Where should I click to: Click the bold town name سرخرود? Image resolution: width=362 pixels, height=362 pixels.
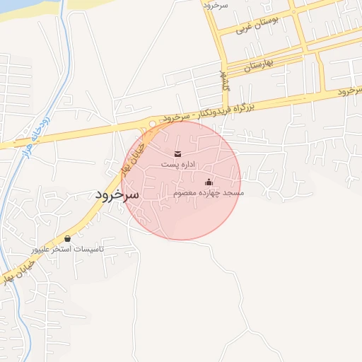pyautogui.click(x=117, y=194)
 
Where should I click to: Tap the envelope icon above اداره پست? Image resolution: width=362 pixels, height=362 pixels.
pyautogui.click(x=177, y=153)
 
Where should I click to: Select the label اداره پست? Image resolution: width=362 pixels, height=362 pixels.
pyautogui.click(x=177, y=164)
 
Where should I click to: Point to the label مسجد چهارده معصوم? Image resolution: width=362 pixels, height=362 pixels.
pyautogui.click(x=208, y=192)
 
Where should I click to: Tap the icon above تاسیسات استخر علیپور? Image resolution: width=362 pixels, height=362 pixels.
pyautogui.click(x=68, y=239)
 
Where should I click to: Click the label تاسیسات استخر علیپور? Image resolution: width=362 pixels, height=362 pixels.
pyautogui.click(x=67, y=250)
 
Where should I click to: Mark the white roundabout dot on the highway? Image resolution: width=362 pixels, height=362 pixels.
pyautogui.click(x=153, y=124)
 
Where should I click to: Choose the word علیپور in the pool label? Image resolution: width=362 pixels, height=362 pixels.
pyautogui.click(x=42, y=250)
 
